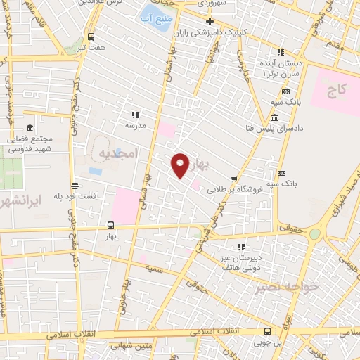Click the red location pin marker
(181, 165)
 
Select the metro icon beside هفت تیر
(91, 37)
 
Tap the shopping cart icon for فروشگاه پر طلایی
(233, 178)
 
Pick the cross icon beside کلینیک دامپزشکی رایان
(210, 21)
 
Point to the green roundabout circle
(314, 233)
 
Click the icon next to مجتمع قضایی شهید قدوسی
(30, 129)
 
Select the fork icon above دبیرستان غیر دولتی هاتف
(241, 247)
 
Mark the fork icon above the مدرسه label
(134, 114)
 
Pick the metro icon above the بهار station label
(110, 226)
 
